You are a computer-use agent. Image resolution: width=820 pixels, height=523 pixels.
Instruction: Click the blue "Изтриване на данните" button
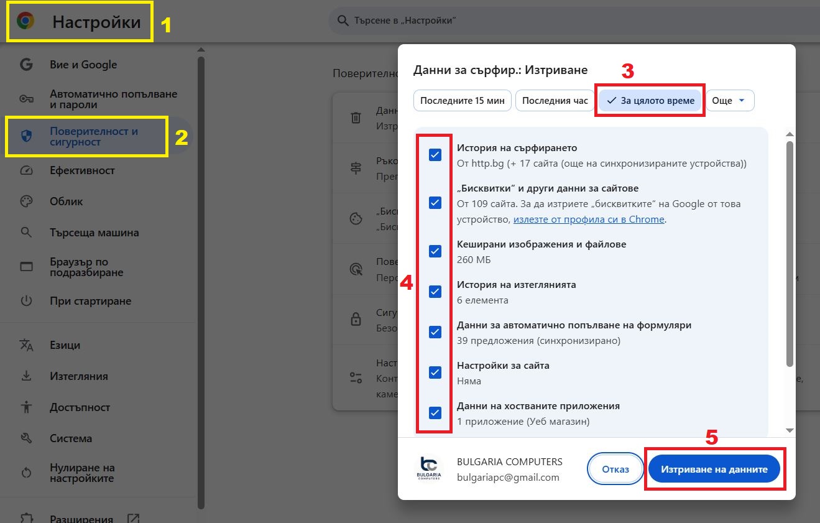point(714,470)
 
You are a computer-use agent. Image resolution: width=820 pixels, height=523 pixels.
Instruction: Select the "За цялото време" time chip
point(650,101)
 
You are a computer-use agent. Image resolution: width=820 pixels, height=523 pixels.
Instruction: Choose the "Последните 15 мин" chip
point(462,101)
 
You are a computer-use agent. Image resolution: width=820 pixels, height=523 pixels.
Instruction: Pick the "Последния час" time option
point(555,101)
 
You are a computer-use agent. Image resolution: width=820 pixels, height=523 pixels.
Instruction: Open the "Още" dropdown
point(729,101)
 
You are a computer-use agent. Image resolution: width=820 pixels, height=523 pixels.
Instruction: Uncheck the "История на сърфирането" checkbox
point(435,155)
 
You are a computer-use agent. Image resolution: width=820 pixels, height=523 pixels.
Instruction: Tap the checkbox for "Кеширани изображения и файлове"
point(435,251)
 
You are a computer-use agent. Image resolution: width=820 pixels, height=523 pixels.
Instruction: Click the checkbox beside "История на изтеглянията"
point(435,292)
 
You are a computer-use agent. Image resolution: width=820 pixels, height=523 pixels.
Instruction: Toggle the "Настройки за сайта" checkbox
point(435,373)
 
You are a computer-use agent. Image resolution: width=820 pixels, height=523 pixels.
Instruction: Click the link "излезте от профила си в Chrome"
point(589,220)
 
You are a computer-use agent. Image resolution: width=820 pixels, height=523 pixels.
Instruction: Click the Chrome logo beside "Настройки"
point(25,22)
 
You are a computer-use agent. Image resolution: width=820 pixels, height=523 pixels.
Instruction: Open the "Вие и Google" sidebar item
point(83,65)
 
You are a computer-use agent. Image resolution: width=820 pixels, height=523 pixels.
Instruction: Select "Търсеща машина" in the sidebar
point(94,233)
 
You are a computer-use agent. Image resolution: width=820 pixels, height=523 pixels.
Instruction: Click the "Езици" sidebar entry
point(65,345)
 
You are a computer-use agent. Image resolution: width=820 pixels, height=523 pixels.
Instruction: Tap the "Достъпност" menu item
point(80,407)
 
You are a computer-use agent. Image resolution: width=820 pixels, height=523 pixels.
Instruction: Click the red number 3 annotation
point(628,71)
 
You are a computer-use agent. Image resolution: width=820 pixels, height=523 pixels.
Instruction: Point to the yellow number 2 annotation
point(181,137)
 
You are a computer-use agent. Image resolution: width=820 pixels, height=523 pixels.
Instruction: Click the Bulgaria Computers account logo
point(429,470)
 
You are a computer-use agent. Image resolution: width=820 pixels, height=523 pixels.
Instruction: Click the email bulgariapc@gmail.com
point(508,478)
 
